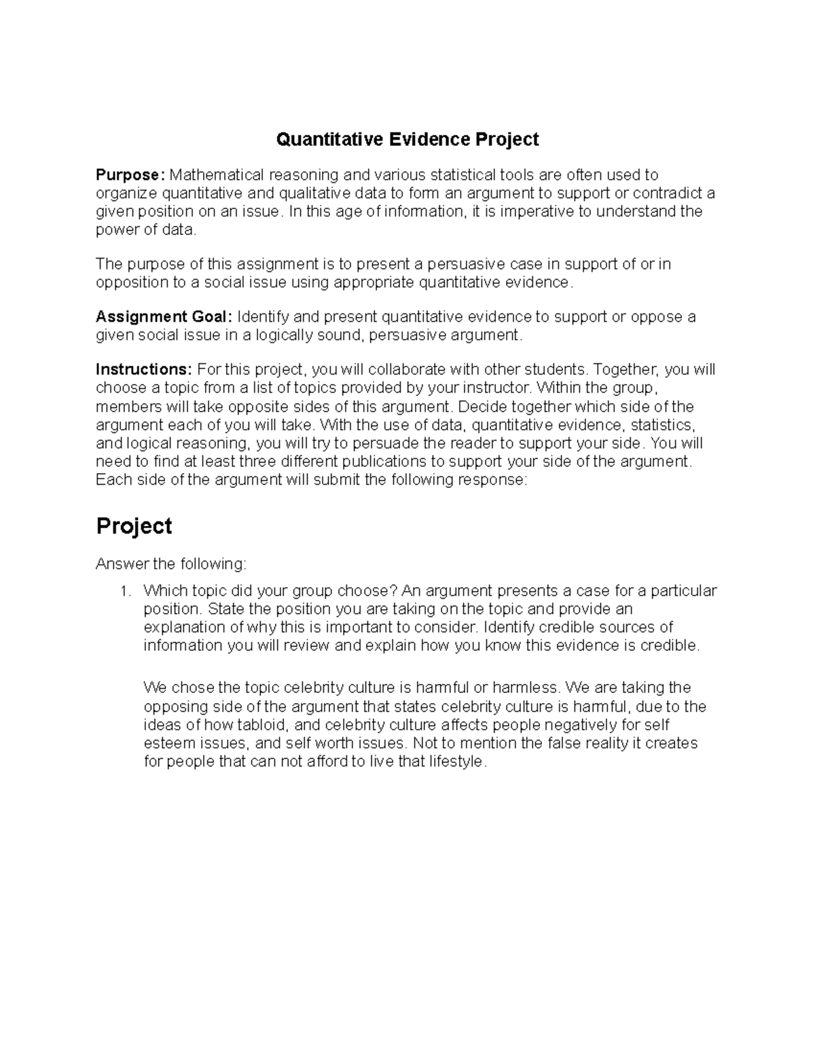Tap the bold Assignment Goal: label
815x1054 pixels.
pyautogui.click(x=164, y=317)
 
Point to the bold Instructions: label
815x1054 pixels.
pyautogui.click(x=144, y=370)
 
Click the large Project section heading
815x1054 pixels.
pyautogui.click(x=134, y=527)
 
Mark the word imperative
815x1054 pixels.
pyautogui.click(x=531, y=212)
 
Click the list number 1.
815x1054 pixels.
pyautogui.click(x=124, y=591)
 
